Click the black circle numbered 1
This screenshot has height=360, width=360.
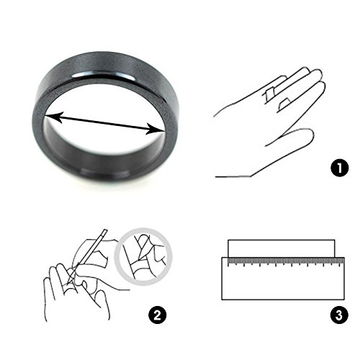click(x=340, y=168)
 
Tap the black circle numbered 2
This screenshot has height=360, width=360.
click(x=157, y=315)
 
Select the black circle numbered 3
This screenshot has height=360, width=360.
click(x=339, y=315)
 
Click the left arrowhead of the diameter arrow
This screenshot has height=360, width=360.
click(x=53, y=117)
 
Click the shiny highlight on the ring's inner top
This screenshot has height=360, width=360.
click(x=103, y=75)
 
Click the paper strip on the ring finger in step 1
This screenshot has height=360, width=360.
click(x=269, y=95)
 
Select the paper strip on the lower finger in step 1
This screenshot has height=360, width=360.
click(x=284, y=104)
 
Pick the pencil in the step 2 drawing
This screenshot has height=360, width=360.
click(x=88, y=256)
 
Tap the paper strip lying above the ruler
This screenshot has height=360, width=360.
click(x=282, y=248)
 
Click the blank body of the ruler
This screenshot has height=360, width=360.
click(x=283, y=283)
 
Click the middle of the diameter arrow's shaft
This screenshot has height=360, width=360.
click(x=105, y=123)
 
